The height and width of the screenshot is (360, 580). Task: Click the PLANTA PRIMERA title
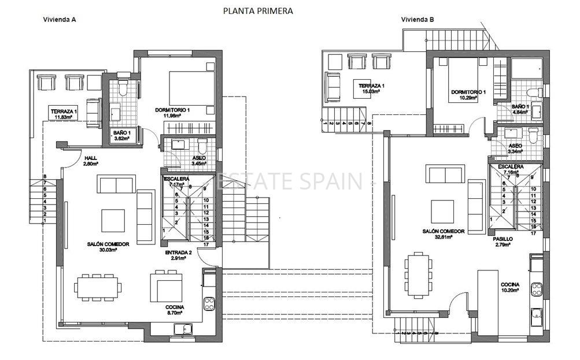(x=258, y=10)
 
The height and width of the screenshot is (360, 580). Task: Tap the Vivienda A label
(x=60, y=19)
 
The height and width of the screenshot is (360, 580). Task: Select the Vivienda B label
(x=418, y=19)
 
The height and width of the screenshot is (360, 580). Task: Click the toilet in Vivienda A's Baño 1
(x=122, y=88)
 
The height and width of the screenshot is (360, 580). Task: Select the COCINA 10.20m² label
(x=511, y=288)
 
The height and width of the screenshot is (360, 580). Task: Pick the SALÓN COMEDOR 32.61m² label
(x=441, y=233)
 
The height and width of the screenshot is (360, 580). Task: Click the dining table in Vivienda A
(x=98, y=286)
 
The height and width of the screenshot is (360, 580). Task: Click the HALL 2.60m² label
(x=91, y=161)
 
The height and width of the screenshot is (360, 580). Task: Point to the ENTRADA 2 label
(x=178, y=255)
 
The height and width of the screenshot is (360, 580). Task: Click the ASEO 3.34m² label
(x=515, y=149)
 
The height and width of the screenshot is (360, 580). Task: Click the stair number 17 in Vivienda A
(x=206, y=244)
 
